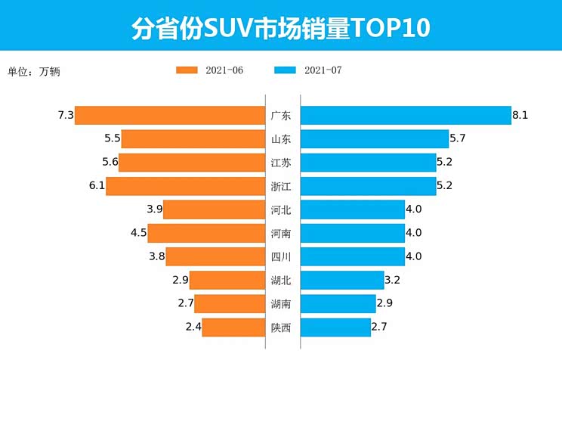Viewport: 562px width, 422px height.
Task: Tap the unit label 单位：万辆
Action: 33,72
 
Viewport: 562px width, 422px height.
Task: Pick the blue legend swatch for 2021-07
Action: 285,70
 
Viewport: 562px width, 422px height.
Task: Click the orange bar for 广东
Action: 169,115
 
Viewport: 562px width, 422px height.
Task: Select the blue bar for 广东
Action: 406,115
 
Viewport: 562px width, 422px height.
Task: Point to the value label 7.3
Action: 65,115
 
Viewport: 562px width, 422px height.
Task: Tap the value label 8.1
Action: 520,115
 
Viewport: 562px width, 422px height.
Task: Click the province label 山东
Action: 280,139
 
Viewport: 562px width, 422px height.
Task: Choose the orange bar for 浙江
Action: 185,186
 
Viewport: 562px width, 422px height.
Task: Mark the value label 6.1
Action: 96,186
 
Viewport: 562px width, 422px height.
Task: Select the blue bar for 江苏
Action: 368,163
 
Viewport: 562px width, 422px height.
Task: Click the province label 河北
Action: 280,209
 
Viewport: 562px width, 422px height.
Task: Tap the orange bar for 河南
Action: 206,233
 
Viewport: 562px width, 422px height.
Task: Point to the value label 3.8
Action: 156,256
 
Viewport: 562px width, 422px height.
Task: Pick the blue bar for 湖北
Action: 342,281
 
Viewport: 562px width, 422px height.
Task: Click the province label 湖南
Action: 280,304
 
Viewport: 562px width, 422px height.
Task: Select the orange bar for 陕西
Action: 233,327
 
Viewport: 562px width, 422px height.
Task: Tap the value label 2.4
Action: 193,327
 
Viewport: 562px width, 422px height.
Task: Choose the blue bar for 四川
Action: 353,256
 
